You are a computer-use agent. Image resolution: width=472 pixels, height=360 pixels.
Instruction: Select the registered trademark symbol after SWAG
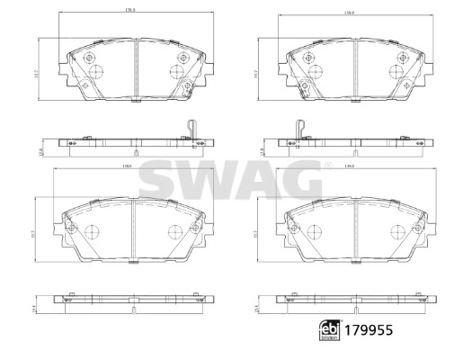tap(327, 165)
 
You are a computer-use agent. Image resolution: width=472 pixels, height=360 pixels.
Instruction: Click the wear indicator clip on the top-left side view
tap(191, 130)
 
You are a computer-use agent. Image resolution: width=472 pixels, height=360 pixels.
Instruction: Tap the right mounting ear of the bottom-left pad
tap(206, 230)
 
